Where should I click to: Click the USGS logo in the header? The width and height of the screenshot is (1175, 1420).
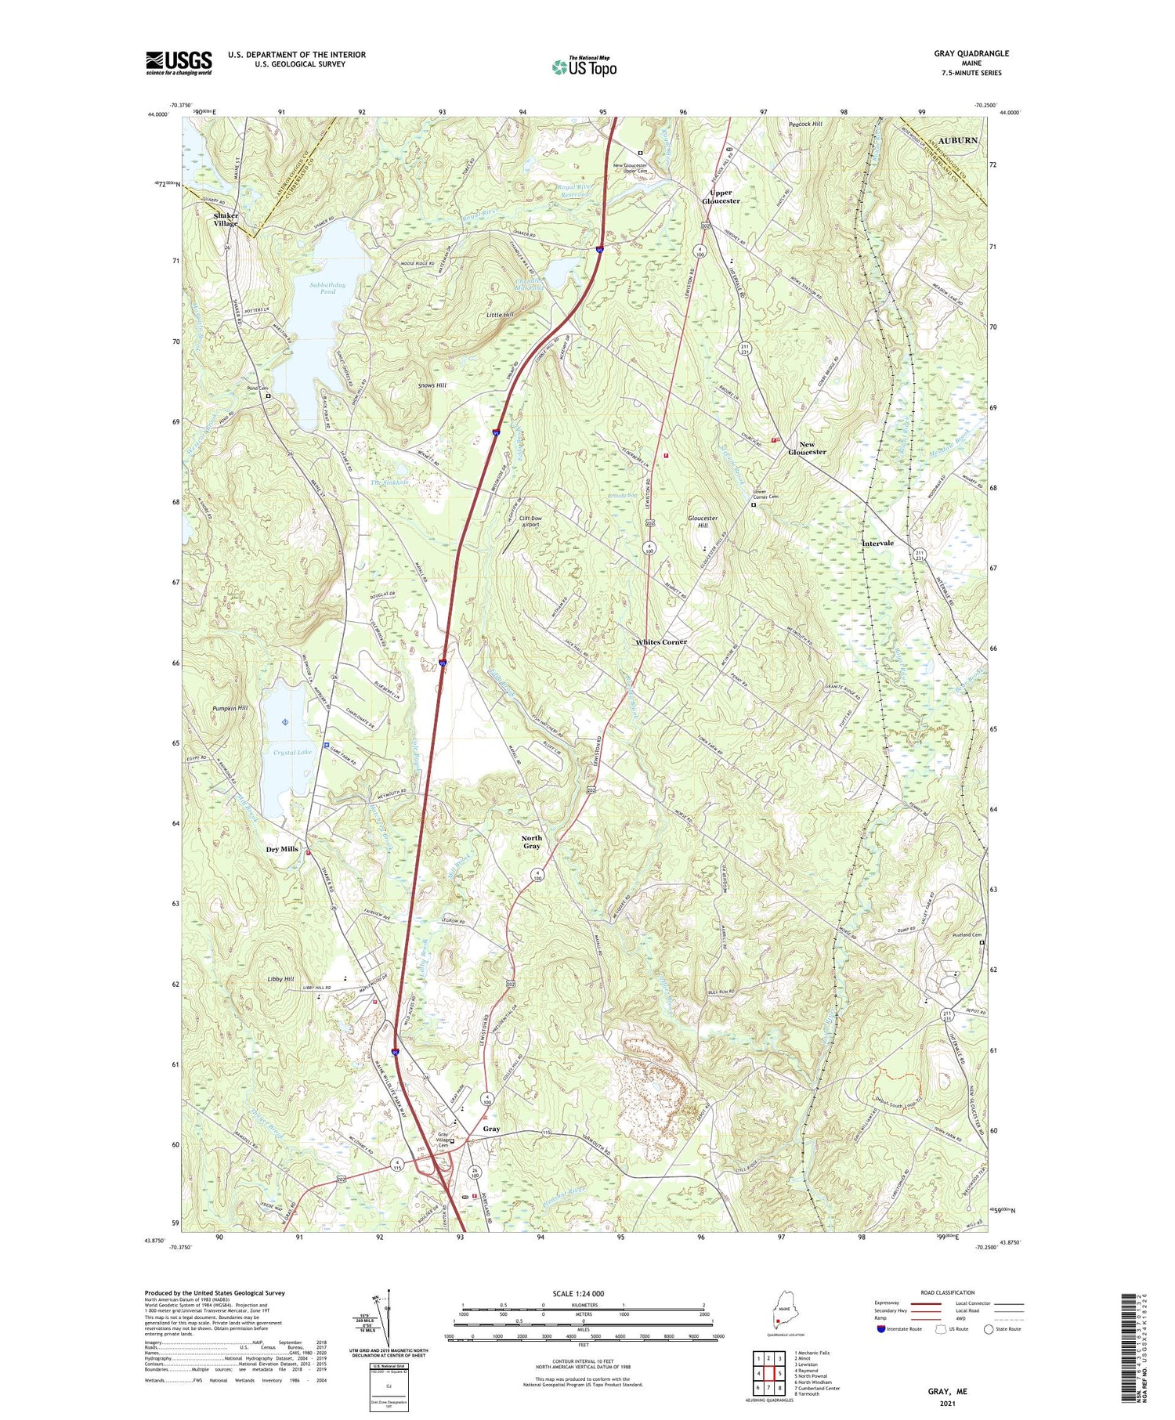pyautogui.click(x=179, y=63)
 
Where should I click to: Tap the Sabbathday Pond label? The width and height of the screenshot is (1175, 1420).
pyautogui.click(x=327, y=288)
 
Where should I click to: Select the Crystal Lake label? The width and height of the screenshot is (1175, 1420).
pyautogui.click(x=292, y=752)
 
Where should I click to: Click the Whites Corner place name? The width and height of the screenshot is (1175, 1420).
pyautogui.click(x=661, y=641)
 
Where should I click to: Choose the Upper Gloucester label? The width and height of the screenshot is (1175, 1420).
pyautogui.click(x=720, y=197)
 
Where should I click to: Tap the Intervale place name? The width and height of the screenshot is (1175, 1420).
pyautogui.click(x=877, y=543)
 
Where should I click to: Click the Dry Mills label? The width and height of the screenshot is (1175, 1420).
pyautogui.click(x=282, y=849)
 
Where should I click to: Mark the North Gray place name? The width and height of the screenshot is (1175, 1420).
pyautogui.click(x=532, y=841)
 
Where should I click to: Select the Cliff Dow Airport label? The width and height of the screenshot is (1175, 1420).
pyautogui.click(x=530, y=521)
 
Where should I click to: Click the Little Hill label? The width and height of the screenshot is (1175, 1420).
pyautogui.click(x=499, y=314)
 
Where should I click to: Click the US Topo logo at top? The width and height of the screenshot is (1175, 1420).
pyautogui.click(x=584, y=67)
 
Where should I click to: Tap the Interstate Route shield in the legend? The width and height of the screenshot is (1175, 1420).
pyautogui.click(x=881, y=1328)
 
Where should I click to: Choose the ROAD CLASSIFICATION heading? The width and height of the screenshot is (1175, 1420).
pyautogui.click(x=949, y=1292)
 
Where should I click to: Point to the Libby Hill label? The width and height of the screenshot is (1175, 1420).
pyautogui.click(x=280, y=979)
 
